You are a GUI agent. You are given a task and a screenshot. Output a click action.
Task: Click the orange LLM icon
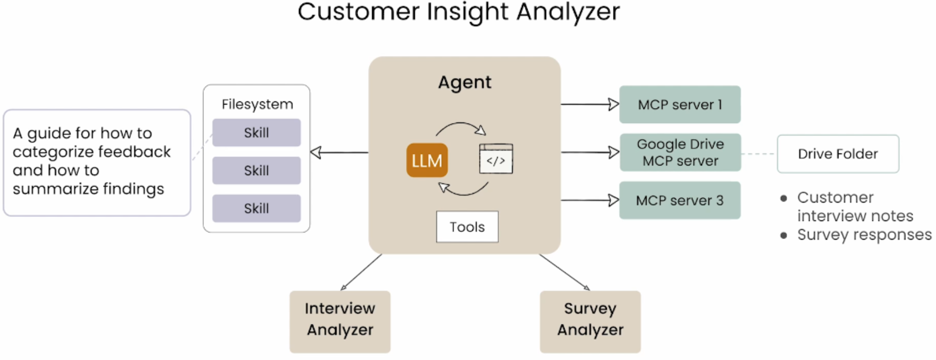[x=427, y=160]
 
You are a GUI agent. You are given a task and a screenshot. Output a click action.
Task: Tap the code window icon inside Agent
[x=496, y=158]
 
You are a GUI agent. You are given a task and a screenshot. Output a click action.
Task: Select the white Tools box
[x=467, y=227]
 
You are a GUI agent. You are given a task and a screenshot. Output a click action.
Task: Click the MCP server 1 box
[x=680, y=104]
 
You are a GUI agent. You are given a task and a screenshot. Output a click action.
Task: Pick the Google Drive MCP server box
[x=680, y=152]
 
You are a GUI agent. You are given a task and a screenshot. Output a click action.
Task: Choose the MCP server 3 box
[x=680, y=200]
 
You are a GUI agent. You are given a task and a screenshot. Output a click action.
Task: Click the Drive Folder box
[x=838, y=154]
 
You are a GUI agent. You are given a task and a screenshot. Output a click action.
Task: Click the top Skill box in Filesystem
[x=256, y=132]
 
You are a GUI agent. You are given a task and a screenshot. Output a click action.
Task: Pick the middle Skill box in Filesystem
[x=256, y=170]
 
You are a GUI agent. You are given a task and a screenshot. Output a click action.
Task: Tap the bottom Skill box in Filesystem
[x=256, y=208]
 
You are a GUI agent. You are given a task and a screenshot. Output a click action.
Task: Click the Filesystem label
[x=257, y=104]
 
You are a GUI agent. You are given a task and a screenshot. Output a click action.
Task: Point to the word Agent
[x=465, y=82]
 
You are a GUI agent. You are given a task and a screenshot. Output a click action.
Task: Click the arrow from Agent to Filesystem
[x=339, y=152]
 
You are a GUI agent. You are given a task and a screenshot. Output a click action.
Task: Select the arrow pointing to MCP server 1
[x=590, y=104]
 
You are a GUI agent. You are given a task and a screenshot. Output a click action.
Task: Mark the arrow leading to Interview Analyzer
[x=361, y=272]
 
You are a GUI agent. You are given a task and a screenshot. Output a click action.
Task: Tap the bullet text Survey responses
[x=864, y=234]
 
